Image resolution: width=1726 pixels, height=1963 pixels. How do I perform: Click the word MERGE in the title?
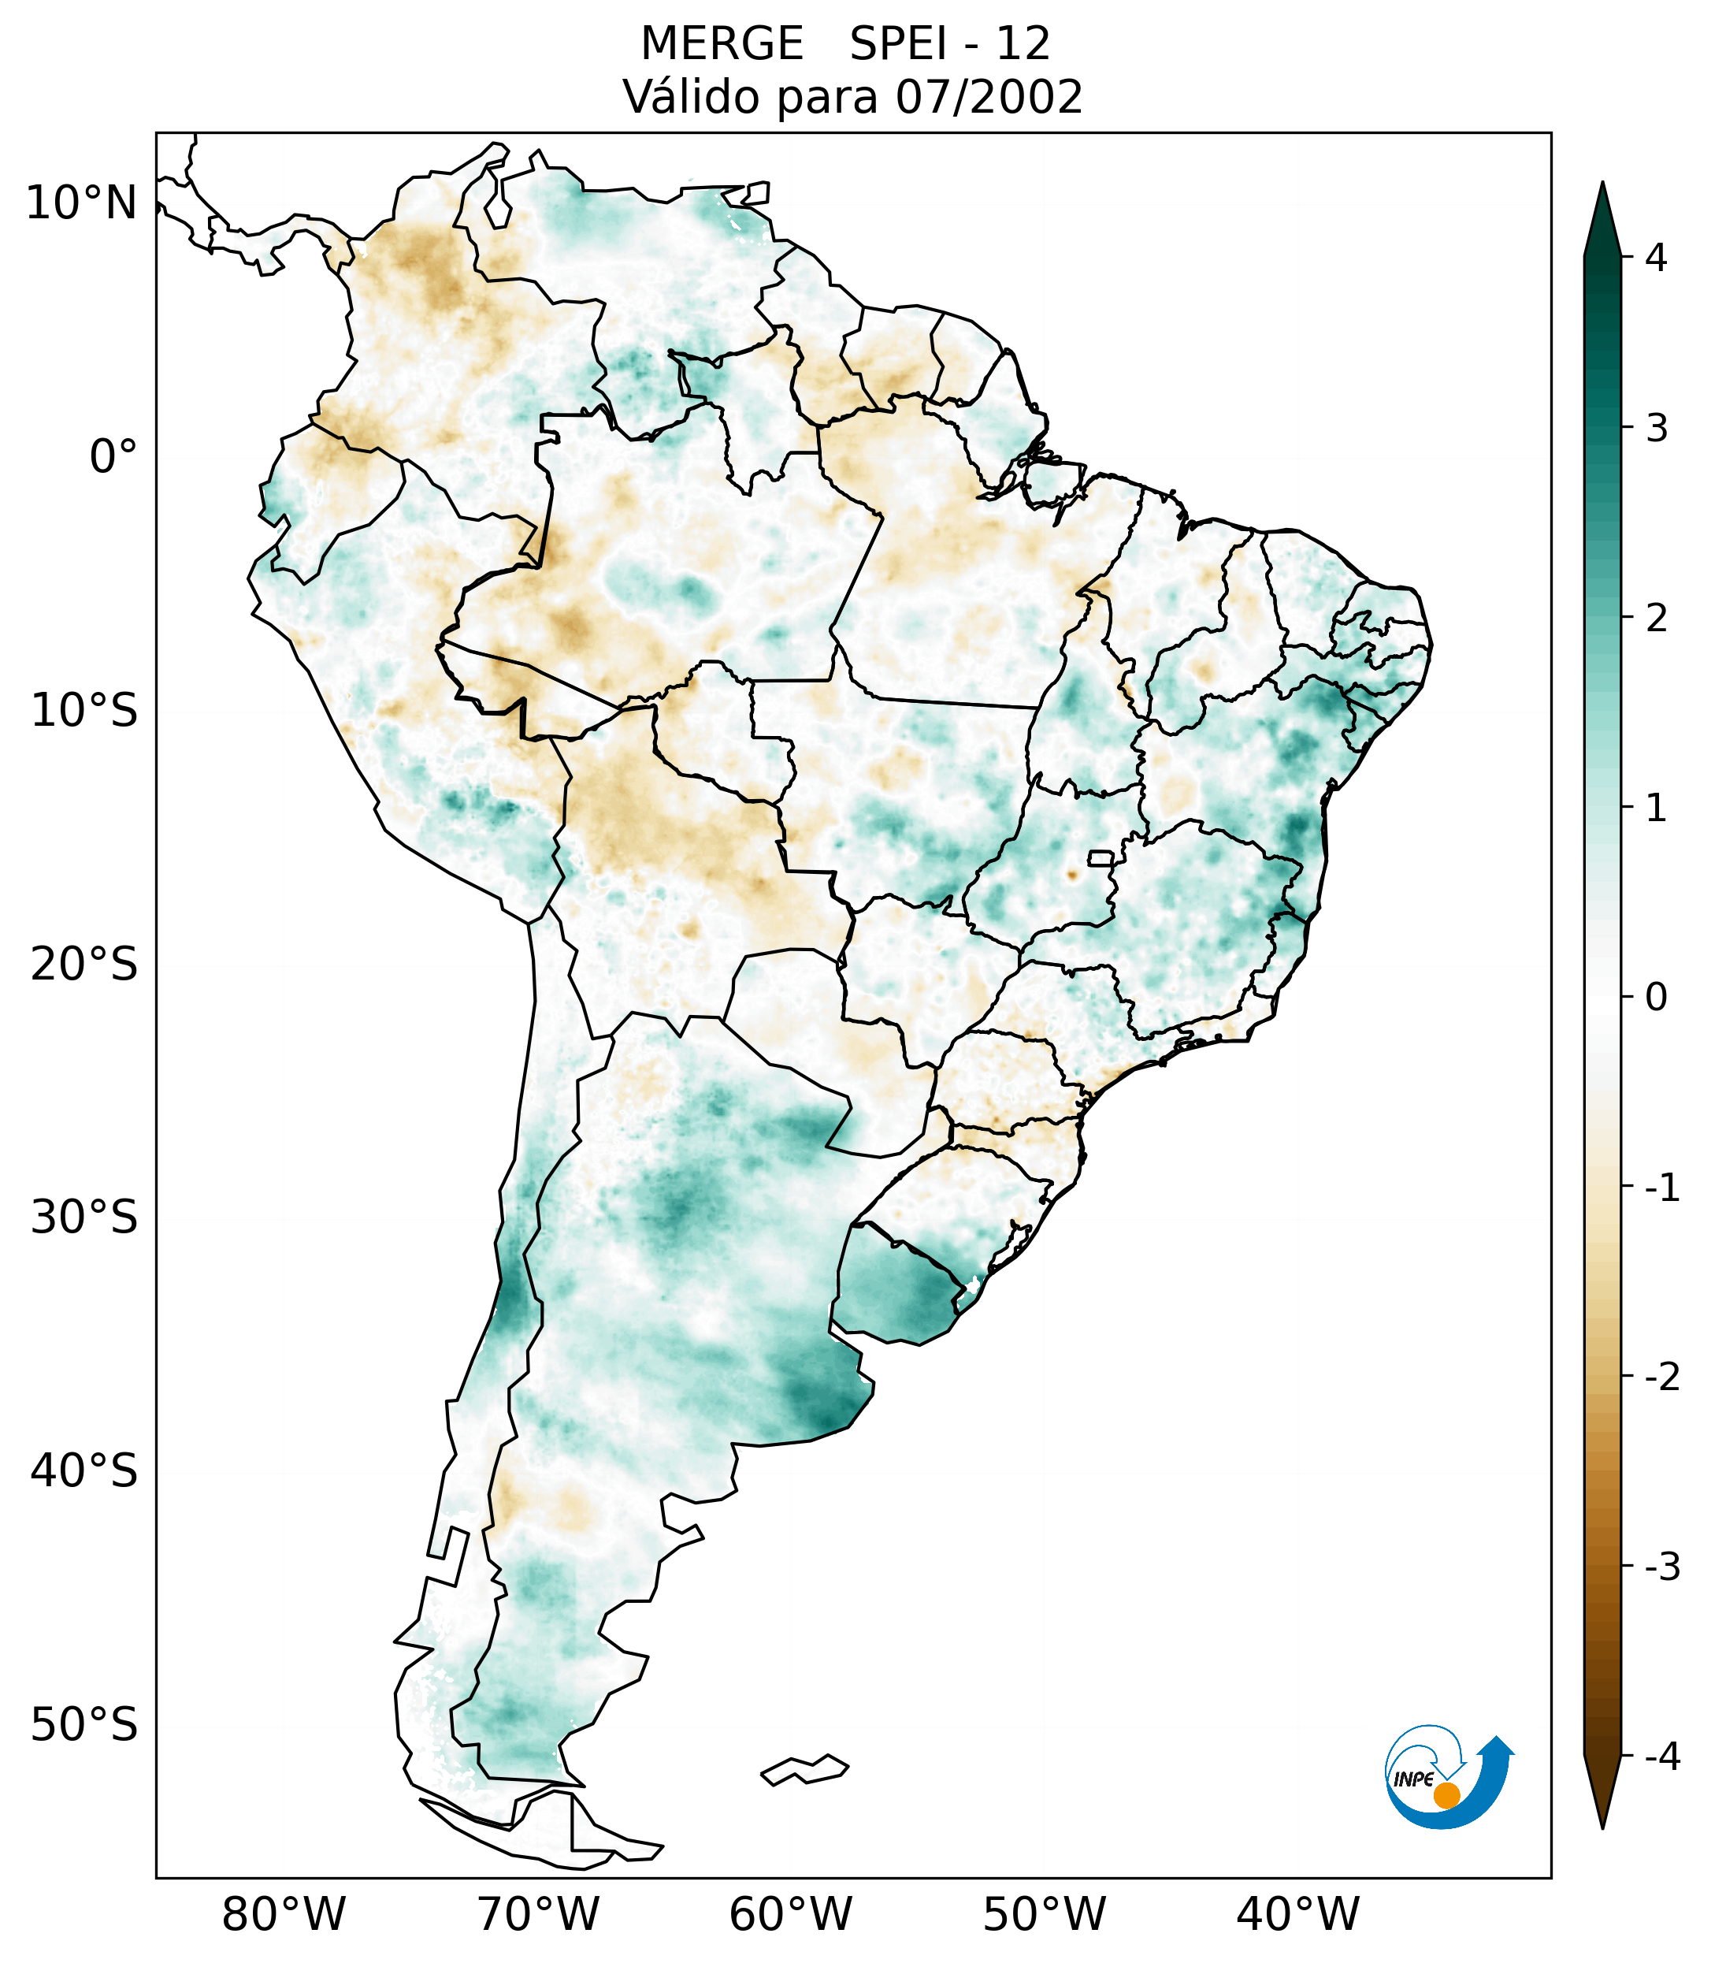pos(722,44)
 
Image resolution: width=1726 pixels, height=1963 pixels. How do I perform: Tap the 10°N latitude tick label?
pos(82,203)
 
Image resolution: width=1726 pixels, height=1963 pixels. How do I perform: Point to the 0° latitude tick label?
pos(113,457)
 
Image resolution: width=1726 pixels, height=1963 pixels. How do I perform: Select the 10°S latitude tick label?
pos(84,712)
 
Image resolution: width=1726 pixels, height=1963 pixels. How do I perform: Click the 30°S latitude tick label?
pos(84,1218)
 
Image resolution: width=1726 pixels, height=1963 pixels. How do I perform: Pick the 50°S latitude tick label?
pos(84,1726)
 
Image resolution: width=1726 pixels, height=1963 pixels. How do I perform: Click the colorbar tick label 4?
pos(1656,258)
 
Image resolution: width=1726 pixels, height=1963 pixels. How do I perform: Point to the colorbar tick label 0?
pos(1656,998)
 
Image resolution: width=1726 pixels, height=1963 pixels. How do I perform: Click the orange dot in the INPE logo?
pos(1446,1795)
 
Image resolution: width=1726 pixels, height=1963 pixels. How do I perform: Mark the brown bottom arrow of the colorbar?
pos(1602,1794)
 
